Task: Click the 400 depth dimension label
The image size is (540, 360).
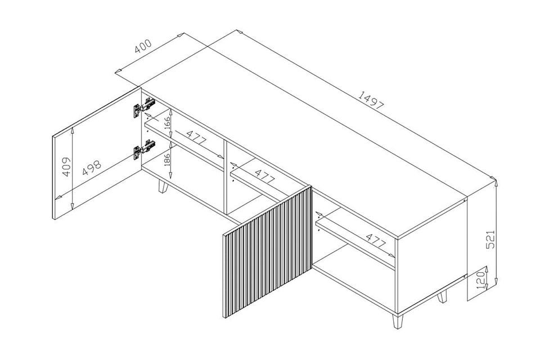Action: (143, 46)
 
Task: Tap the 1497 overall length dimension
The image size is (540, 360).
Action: (371, 100)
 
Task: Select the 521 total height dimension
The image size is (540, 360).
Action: (490, 239)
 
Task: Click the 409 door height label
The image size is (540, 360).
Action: (66, 166)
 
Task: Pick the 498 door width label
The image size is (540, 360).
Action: (92, 168)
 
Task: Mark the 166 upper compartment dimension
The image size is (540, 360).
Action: (167, 123)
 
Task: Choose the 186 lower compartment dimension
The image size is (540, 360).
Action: (167, 160)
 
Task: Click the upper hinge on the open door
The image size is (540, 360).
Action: (144, 107)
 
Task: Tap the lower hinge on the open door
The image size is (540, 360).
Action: (144, 149)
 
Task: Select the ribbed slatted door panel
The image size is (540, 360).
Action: (268, 252)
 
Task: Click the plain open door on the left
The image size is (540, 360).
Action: (97, 154)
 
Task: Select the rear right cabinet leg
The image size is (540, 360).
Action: (442, 296)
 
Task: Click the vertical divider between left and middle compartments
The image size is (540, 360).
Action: (225, 177)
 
